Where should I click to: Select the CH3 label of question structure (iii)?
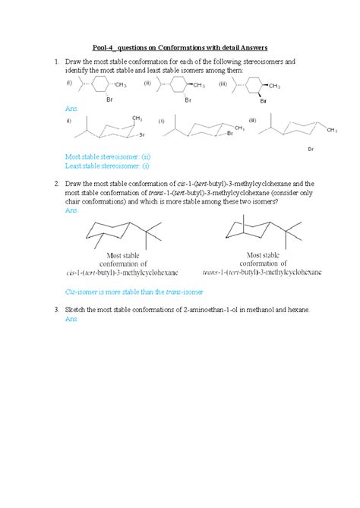(275, 86)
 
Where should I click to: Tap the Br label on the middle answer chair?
(229, 134)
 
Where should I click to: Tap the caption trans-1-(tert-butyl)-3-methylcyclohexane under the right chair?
(262, 271)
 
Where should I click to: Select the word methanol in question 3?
(250, 311)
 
